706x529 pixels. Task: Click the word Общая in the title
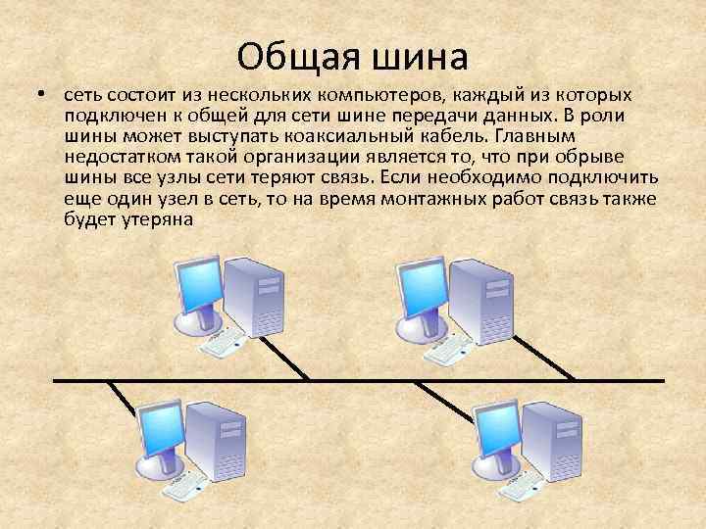294,57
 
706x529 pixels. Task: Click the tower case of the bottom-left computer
218,441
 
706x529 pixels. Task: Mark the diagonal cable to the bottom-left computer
122,396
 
